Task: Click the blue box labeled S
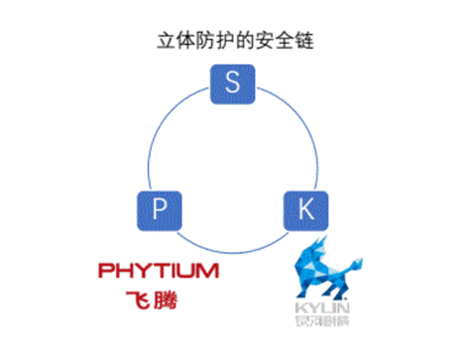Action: point(233,83)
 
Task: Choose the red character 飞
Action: point(141,299)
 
